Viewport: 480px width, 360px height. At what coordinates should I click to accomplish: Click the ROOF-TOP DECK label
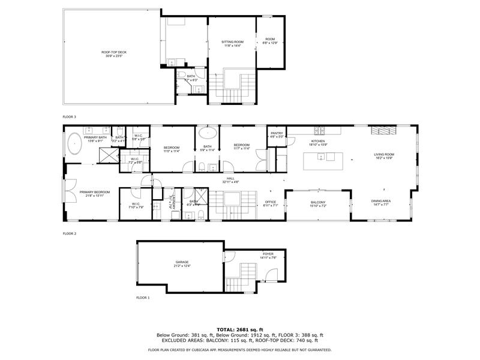point(113,52)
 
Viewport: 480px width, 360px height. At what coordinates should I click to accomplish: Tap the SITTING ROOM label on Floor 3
point(232,41)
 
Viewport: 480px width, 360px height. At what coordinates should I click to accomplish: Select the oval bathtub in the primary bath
point(74,145)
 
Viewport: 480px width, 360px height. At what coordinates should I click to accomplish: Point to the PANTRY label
point(277,133)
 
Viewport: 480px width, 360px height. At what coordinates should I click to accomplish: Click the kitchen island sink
point(320,158)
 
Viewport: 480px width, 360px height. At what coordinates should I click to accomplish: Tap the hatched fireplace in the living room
point(382,130)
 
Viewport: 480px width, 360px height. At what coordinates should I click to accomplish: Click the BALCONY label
point(317,202)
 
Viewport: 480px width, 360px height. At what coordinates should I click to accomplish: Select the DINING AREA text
point(380,202)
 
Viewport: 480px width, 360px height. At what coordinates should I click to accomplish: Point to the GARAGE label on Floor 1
point(182,262)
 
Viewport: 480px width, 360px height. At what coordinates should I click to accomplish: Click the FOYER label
point(268,254)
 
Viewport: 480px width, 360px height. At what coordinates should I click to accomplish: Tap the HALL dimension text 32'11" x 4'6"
point(231,182)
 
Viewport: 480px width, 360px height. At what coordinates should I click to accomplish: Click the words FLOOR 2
point(71,232)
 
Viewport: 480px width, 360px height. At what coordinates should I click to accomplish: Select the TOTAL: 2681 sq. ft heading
point(240,329)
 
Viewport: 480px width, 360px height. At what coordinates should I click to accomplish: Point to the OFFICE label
point(270,202)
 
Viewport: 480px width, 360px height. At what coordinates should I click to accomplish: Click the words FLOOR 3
point(70,116)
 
